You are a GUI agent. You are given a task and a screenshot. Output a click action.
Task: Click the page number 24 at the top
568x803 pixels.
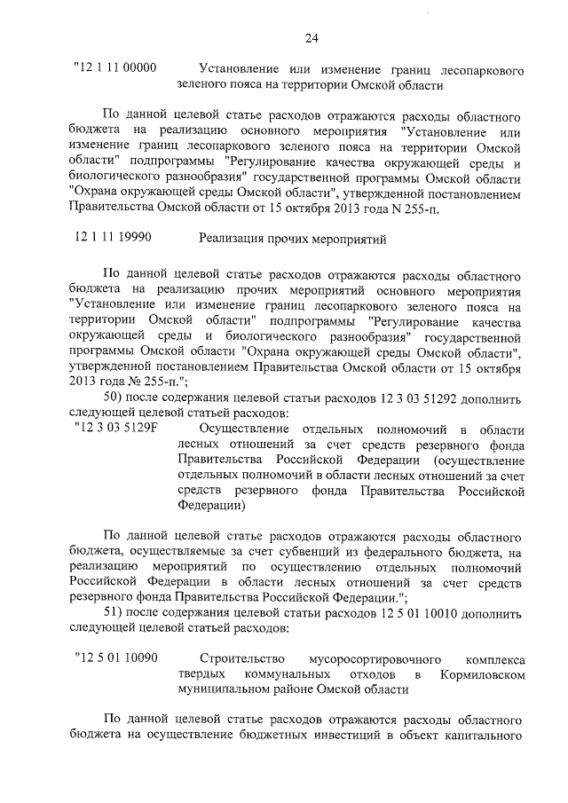coord(311,37)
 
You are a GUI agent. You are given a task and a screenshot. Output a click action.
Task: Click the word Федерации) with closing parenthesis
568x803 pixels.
coord(210,507)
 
